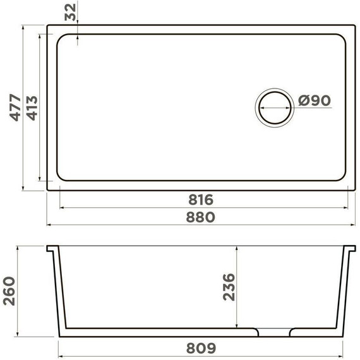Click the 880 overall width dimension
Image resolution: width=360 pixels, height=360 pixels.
click(200, 217)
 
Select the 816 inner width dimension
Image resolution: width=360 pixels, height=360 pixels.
click(201, 200)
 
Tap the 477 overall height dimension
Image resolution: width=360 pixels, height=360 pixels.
click(15, 107)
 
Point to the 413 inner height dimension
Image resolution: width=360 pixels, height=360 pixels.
click(32, 108)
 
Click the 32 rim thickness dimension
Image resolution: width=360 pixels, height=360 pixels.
click(70, 12)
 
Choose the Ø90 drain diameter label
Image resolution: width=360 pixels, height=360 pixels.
click(315, 100)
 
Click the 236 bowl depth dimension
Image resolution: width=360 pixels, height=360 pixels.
click(229, 287)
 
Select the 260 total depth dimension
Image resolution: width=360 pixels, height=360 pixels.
click(9, 291)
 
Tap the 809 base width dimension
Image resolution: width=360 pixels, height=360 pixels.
click(201, 348)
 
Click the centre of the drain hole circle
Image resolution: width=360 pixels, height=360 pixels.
click(275, 107)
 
